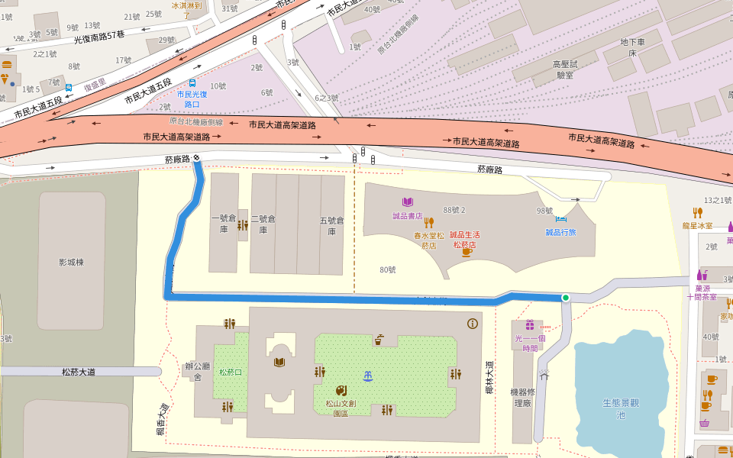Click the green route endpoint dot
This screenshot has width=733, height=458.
point(566,297)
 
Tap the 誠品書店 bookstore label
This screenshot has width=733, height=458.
point(408,216)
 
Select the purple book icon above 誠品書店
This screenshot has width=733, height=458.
point(408,202)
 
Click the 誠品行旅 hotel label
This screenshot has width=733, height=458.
point(560,232)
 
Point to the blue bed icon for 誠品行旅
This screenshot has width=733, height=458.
point(560,220)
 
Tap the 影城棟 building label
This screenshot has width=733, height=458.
point(71,262)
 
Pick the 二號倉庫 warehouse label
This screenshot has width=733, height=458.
point(263,224)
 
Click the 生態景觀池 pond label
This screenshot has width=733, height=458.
point(620,408)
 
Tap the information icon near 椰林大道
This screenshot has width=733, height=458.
point(473,324)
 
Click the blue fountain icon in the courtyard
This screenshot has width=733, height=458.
point(368,375)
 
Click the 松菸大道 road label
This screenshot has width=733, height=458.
point(80,372)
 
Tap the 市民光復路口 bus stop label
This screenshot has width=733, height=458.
point(188,98)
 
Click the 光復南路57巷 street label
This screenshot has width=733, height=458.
point(99,36)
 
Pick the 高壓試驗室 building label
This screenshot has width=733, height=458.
point(565,69)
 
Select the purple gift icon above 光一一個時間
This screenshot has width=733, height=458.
point(529,325)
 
